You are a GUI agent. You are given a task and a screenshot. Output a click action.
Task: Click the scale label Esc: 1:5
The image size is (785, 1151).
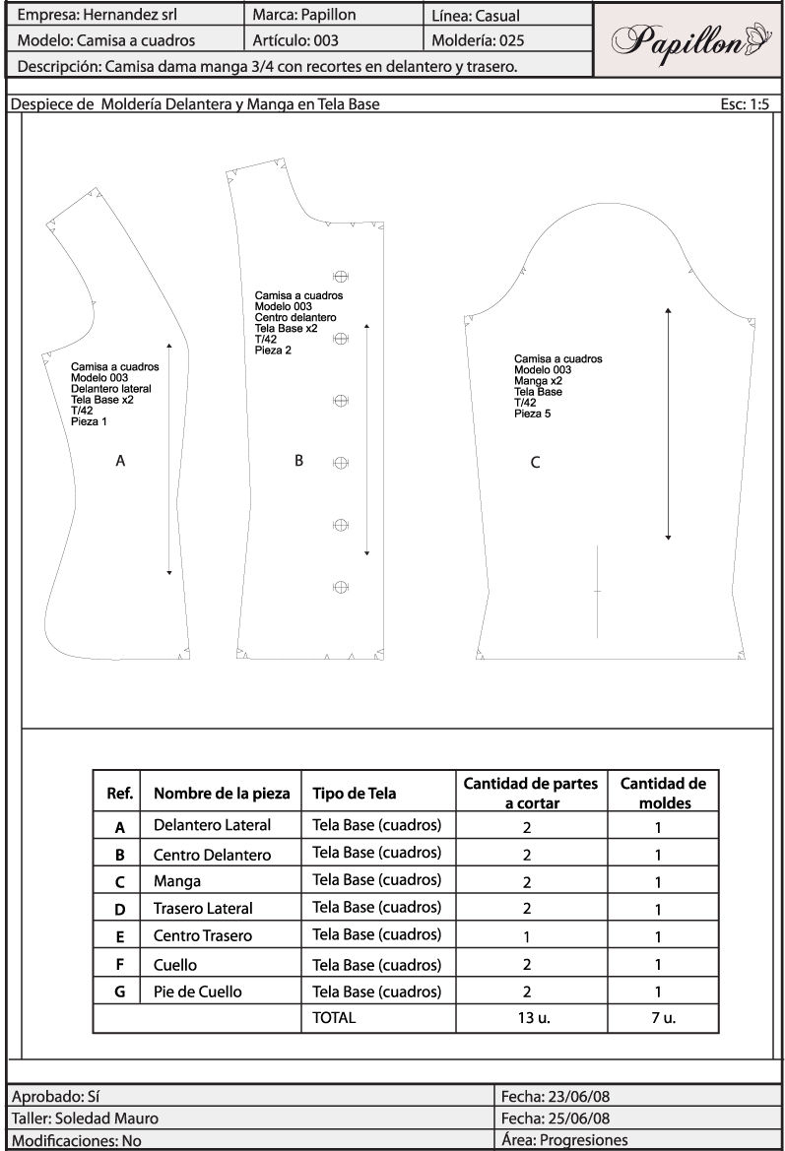point(746,103)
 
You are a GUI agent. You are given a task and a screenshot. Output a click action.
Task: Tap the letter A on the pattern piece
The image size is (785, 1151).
point(120,460)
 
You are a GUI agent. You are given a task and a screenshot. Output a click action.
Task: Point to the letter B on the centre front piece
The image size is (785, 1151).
point(298,460)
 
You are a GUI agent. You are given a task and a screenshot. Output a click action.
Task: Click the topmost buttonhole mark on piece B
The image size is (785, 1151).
point(341,277)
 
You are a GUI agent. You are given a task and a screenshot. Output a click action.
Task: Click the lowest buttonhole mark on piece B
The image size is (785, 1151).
point(341,586)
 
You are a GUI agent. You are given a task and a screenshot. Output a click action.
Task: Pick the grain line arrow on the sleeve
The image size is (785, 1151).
point(668,423)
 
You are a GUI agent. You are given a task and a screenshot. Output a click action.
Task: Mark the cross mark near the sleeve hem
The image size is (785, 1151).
point(597,591)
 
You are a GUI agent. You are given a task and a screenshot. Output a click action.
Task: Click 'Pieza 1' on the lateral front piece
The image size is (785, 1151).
point(89,421)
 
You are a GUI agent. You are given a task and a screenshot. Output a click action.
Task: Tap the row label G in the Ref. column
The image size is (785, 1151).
point(118,991)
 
